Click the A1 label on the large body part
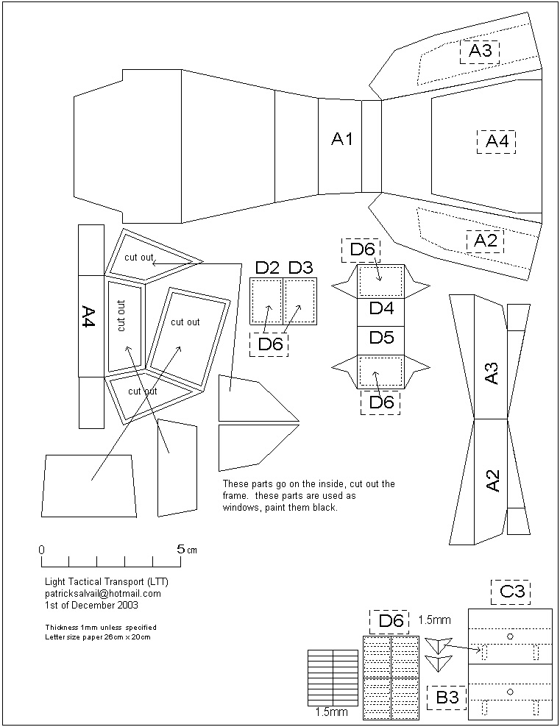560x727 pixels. tap(342, 139)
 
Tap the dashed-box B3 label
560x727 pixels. tap(447, 695)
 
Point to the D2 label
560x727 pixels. tap(267, 267)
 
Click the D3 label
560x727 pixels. tap(300, 267)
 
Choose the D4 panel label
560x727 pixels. tap(381, 308)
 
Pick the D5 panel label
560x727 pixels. tap(381, 338)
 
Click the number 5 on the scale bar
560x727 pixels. tap(180, 549)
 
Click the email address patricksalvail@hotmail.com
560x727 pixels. tap(103, 593)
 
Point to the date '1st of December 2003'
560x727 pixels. tap(91, 605)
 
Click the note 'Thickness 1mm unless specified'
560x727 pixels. tap(101, 627)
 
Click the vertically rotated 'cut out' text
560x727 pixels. tap(121, 316)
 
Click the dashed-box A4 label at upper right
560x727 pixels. tap(497, 141)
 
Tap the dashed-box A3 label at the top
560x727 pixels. tap(480, 51)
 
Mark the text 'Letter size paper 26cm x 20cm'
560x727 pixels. tap(98, 636)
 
